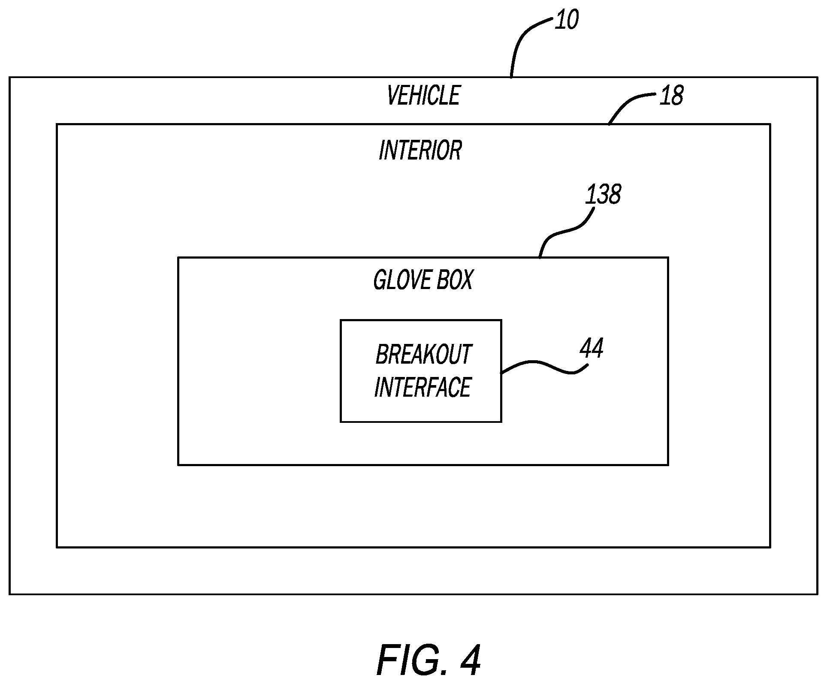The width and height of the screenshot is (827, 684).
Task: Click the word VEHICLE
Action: click(x=423, y=95)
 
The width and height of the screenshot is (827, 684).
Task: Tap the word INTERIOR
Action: click(x=420, y=151)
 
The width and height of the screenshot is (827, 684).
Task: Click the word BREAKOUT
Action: click(x=423, y=355)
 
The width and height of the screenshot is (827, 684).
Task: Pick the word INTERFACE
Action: click(x=423, y=387)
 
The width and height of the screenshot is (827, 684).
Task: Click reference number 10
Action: click(x=566, y=20)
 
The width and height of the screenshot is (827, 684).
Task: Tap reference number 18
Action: click(x=671, y=96)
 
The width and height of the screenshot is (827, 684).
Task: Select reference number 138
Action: click(x=603, y=194)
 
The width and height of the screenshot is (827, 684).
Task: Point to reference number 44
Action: click(x=592, y=348)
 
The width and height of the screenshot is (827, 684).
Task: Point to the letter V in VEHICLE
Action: click(x=392, y=95)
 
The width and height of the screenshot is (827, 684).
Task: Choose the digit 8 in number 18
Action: click(x=676, y=96)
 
